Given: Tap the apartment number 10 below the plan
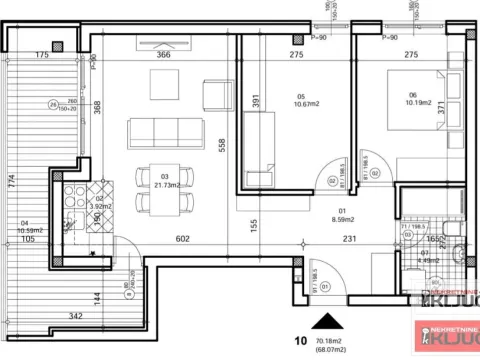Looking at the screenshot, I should (301, 341).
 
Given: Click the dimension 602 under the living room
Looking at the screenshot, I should (182, 238).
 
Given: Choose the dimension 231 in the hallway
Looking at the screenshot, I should (350, 238).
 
